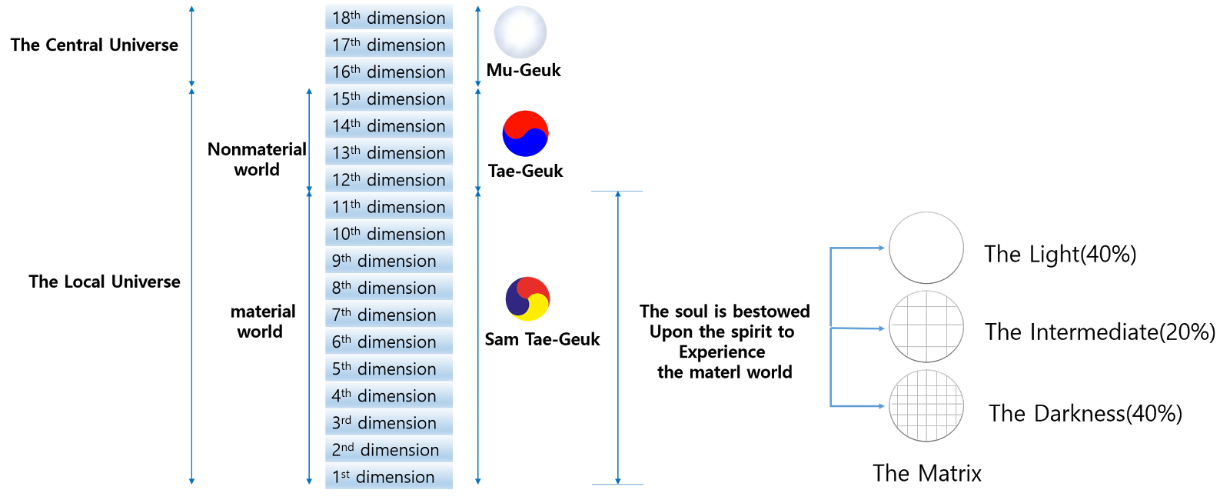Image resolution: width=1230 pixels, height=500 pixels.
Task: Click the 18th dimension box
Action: click(x=389, y=17)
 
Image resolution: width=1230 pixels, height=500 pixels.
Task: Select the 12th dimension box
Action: click(x=389, y=179)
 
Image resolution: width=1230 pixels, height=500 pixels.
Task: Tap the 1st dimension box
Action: click(x=389, y=476)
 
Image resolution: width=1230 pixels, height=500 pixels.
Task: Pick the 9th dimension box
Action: click(x=389, y=261)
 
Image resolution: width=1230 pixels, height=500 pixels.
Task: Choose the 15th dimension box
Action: click(x=389, y=98)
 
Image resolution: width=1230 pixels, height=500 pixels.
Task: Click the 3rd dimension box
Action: click(x=389, y=422)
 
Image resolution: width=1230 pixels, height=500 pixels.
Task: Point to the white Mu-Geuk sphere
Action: click(x=520, y=32)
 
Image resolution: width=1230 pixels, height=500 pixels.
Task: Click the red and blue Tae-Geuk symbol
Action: click(x=526, y=134)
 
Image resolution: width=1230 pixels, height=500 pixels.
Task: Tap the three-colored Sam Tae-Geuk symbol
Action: click(x=527, y=299)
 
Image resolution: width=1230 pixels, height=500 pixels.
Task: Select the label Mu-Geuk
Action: click(x=524, y=70)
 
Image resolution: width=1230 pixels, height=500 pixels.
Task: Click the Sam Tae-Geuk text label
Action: click(x=542, y=339)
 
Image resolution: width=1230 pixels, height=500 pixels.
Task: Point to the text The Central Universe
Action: click(x=95, y=45)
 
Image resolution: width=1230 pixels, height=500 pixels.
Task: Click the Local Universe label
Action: click(x=105, y=282)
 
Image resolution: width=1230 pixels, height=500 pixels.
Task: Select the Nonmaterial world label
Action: click(x=257, y=159)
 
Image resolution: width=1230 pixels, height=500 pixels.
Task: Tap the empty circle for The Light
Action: click(x=926, y=248)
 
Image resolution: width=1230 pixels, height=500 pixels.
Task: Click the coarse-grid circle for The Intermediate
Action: click(x=926, y=327)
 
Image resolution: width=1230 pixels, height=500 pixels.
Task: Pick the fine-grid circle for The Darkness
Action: click(x=926, y=406)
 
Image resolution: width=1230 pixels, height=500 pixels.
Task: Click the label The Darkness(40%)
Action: click(x=1085, y=413)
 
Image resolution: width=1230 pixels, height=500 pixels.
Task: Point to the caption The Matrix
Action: click(x=927, y=473)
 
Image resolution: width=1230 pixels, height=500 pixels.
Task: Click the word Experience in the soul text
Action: click(x=722, y=352)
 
